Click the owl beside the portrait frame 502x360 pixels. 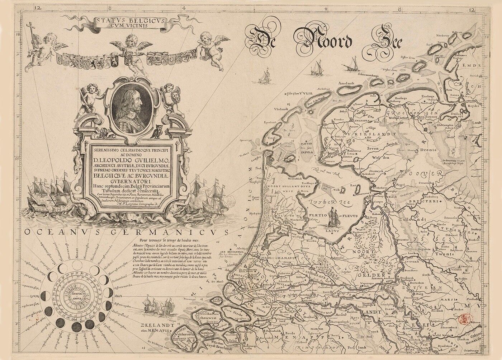(157, 135)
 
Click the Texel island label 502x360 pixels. (271, 137)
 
